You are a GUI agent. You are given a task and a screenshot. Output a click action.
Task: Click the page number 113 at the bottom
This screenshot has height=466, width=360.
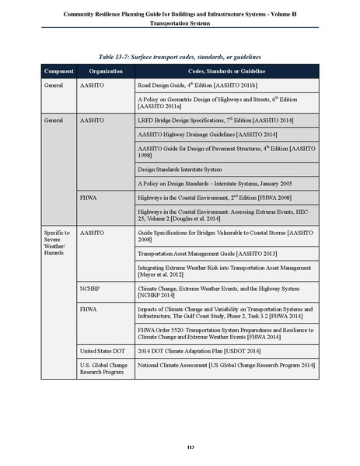click(x=180, y=445)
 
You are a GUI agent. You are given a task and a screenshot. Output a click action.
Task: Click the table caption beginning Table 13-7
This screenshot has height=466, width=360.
click(x=180, y=58)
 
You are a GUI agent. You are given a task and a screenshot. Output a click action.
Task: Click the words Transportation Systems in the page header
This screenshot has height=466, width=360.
click(x=180, y=23)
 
